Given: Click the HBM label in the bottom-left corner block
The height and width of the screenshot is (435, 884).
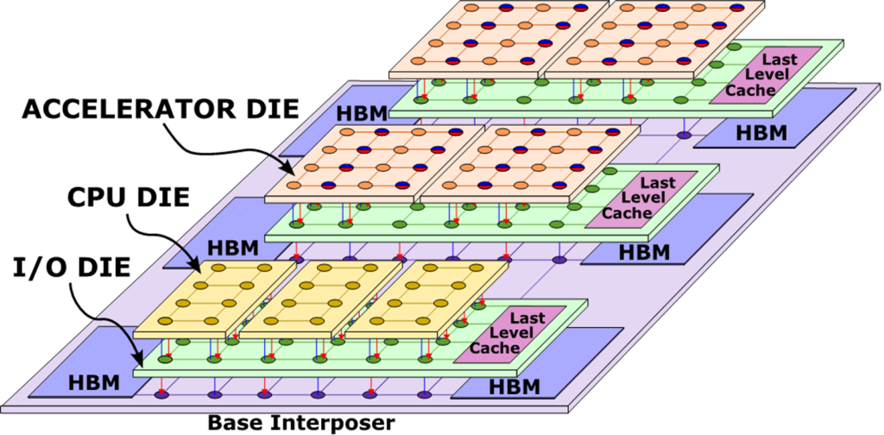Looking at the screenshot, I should point(93,382).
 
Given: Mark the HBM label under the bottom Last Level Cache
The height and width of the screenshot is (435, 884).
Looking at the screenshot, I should point(514,386).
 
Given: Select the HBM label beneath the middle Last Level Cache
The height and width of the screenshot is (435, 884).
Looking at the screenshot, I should point(644,252).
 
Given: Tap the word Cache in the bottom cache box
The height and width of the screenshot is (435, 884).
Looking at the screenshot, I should point(495,348).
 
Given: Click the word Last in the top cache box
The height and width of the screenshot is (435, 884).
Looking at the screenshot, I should point(779,60).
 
